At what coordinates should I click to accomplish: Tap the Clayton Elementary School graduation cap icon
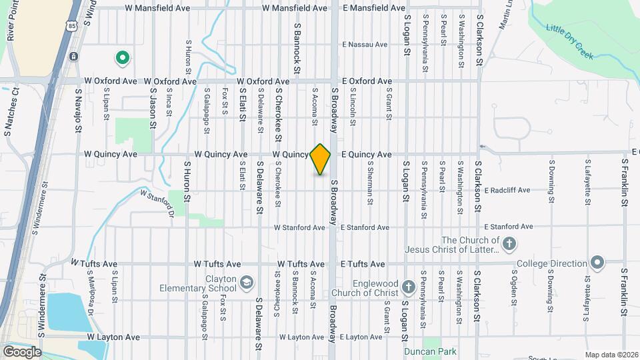[x=247, y=283]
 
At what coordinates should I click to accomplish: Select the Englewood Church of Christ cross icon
[x=409, y=287]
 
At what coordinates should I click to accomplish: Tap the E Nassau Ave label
[x=364, y=45]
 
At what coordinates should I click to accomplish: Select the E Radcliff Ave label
[x=507, y=190]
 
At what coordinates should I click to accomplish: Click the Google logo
[x=22, y=351]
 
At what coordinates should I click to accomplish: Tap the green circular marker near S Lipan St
[x=122, y=59]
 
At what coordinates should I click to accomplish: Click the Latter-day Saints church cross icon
[x=509, y=243]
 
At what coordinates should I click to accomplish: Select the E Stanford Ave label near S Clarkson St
[x=509, y=227]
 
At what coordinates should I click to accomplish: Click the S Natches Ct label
[x=9, y=119]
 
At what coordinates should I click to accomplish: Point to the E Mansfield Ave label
[x=374, y=8]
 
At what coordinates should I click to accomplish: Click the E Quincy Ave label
[x=366, y=154]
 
